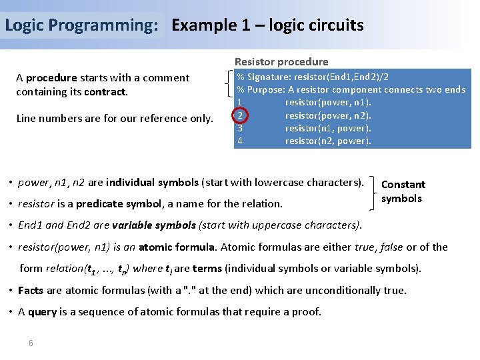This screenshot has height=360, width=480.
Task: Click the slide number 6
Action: pos(31,343)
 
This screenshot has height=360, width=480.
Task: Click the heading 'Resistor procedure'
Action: pos(281,62)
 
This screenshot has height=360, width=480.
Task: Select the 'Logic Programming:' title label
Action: pos(81,26)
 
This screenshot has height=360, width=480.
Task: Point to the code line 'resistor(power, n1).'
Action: pos(328,102)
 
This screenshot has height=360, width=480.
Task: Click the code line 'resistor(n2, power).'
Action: pos(328,141)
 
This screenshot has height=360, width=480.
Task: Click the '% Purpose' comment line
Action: pos(351,89)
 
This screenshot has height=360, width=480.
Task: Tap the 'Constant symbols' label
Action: pos(403,191)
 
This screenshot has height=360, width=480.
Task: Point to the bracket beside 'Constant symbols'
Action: pos(373,192)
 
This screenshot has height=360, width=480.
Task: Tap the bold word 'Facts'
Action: pos(31,291)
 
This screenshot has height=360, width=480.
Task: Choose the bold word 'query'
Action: pos(42,312)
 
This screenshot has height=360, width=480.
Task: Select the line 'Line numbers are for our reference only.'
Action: pos(114,119)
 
